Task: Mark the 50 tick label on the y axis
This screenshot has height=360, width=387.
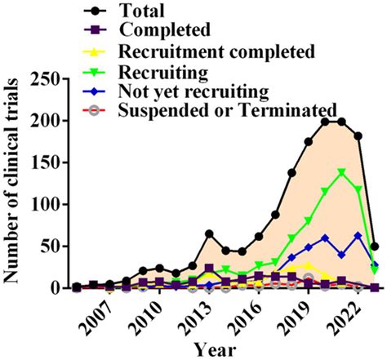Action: tap(55, 246)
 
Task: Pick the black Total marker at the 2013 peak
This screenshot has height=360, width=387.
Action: tap(209, 233)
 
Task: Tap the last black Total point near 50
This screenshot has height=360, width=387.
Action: tap(375, 246)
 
